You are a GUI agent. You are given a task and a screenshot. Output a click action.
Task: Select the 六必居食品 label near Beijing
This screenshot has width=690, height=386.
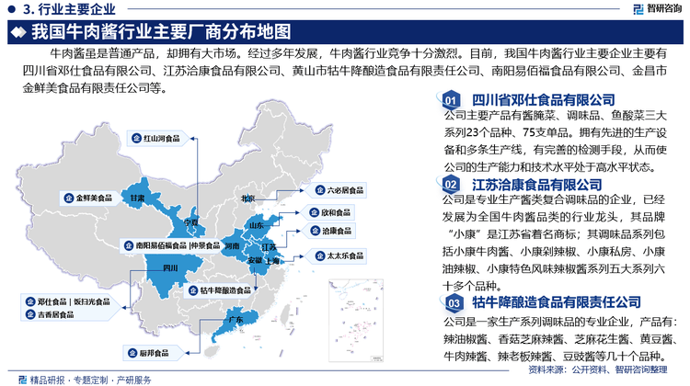[x=339, y=191]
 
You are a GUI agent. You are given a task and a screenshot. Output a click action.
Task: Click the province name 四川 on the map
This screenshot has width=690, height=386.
[x=168, y=267]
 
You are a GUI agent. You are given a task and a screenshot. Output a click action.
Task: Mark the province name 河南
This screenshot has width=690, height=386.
[x=232, y=246]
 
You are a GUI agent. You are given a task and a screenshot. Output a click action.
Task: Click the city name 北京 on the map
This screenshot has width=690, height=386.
[x=247, y=198]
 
